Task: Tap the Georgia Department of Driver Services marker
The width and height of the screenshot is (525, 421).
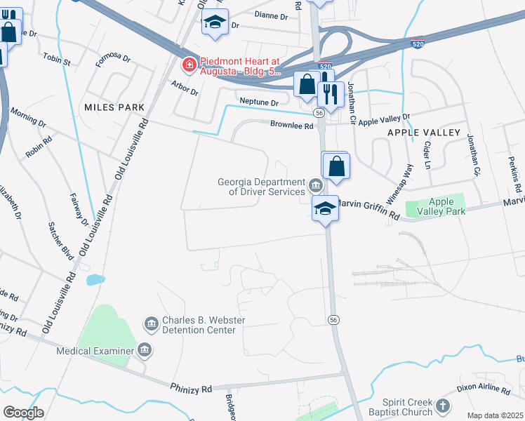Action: (x=316, y=187)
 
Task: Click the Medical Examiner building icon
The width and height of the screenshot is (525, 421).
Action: (x=144, y=350)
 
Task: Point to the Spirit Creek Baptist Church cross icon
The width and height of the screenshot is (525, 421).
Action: (x=443, y=406)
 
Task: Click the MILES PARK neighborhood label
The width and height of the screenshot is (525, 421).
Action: (x=114, y=107)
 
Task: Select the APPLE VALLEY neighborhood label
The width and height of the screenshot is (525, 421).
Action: (x=423, y=133)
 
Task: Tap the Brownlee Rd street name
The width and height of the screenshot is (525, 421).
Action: (x=291, y=126)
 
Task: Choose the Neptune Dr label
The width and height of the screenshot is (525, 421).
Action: (x=260, y=102)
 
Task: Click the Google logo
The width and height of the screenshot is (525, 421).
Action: (x=23, y=413)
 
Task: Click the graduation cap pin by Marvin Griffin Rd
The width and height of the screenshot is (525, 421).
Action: (x=326, y=208)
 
